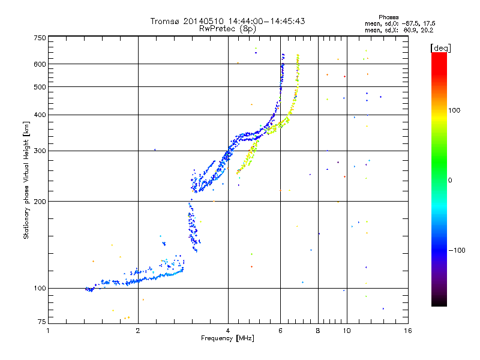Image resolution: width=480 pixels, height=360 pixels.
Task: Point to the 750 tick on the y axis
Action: (x=40, y=38)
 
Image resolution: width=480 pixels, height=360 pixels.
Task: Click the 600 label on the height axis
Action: (x=40, y=64)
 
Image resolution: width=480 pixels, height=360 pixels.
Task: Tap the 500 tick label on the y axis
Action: (x=40, y=87)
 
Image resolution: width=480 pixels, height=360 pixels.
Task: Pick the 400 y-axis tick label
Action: (x=40, y=115)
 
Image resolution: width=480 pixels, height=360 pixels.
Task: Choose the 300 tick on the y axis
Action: (x=40, y=151)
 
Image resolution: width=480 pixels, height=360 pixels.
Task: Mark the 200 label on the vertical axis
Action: (x=40, y=201)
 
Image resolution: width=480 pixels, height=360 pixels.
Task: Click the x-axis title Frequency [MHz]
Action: (x=227, y=338)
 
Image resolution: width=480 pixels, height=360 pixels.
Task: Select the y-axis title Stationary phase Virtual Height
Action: (x=26, y=180)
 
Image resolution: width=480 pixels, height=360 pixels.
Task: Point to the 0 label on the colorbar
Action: (x=450, y=180)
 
